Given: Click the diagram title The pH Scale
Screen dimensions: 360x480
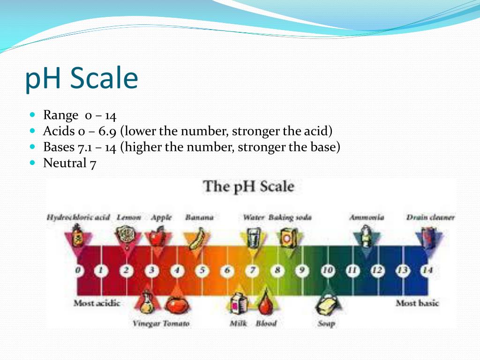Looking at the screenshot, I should [248, 187].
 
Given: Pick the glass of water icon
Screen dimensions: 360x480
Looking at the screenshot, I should [254, 237].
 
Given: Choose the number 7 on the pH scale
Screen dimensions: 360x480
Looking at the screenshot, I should [253, 270].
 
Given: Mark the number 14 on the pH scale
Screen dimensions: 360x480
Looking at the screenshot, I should [427, 270].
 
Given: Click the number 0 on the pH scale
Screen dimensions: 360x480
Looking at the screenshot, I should [78, 270].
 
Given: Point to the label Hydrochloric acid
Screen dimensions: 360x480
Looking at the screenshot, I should [78, 217].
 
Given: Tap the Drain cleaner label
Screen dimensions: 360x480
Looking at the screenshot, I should [430, 217].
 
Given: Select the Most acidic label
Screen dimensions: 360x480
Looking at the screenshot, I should [97, 303].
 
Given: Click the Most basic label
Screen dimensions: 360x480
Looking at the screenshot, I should [417, 303].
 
